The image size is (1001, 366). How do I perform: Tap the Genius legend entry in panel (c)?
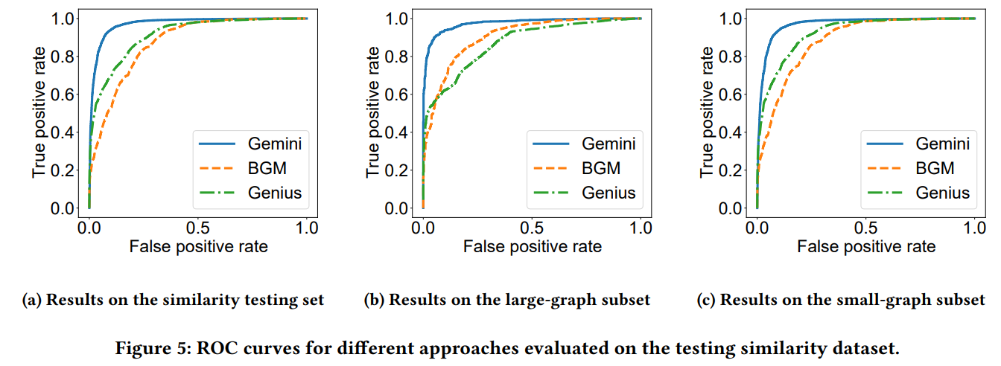point(943,193)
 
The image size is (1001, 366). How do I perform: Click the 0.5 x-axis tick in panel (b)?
point(532,227)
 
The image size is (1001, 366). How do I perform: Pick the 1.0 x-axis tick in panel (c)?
point(974,227)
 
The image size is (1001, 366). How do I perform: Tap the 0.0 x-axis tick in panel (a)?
point(89,227)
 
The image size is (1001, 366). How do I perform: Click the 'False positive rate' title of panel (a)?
point(198,247)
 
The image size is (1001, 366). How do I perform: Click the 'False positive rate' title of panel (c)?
point(866,247)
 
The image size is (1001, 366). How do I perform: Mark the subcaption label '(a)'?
point(34,301)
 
